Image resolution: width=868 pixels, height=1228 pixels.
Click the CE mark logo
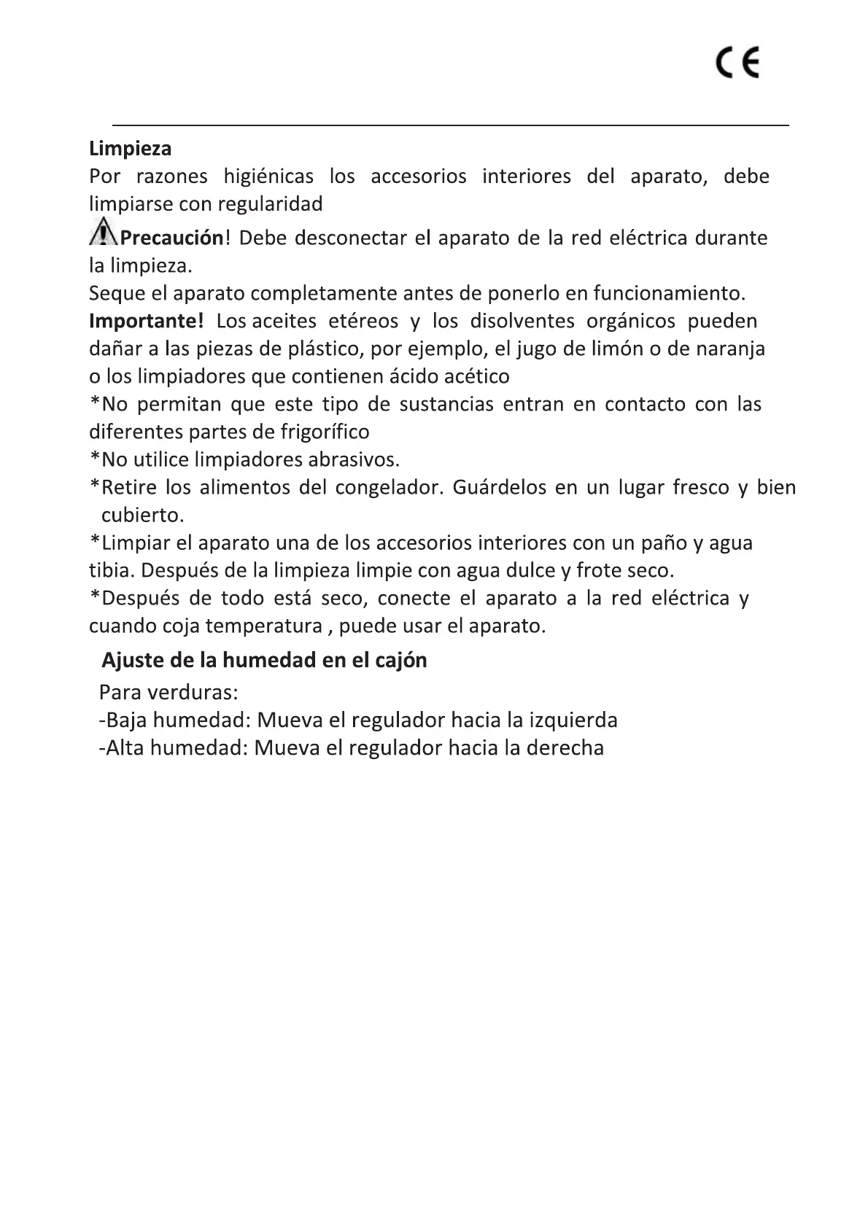click(737, 63)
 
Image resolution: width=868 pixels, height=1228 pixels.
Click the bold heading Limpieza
click(130, 149)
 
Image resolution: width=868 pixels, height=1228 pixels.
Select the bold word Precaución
click(171, 238)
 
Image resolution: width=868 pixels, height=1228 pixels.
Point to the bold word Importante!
click(146, 321)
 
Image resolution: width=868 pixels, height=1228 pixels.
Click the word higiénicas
click(268, 176)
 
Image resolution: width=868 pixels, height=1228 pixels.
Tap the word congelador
click(389, 487)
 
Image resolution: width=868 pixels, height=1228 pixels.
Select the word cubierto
click(142, 515)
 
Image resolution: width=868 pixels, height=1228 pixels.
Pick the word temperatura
click(263, 626)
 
